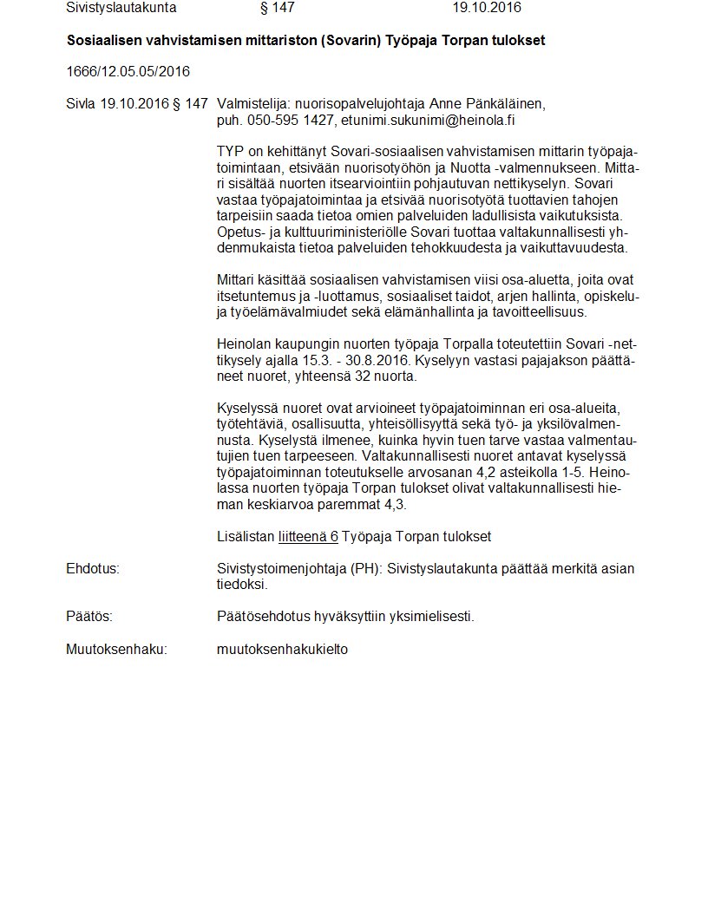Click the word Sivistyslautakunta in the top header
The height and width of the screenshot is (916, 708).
pos(121,8)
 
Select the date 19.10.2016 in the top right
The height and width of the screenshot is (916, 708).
pos(486,8)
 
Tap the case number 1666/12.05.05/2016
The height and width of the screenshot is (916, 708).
pos(128,71)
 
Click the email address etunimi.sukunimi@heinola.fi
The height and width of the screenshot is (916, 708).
pos(428,120)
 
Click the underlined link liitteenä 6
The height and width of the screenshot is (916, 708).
pos(308,537)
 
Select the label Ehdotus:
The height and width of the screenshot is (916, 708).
pos(92,569)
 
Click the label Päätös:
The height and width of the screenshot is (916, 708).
pos(89,617)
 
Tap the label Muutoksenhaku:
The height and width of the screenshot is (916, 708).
pos(116,649)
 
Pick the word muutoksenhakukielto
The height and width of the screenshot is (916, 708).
pos(282,649)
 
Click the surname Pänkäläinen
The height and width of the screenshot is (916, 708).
pos(507,104)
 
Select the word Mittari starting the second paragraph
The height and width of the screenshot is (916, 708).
pos(237,280)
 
